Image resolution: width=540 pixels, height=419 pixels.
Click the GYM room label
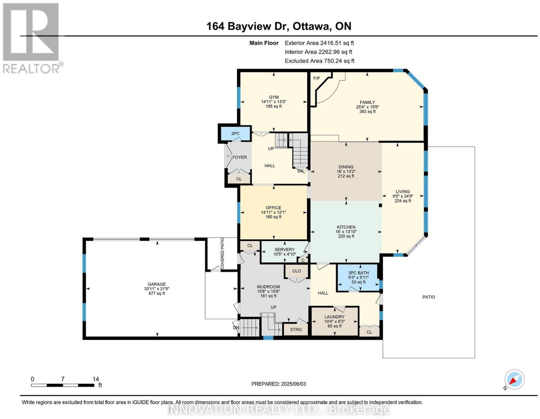pyautogui.click(x=274, y=97)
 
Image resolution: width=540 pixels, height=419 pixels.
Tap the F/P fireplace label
pyautogui.click(x=317, y=79)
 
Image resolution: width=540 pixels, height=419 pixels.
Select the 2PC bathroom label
pyautogui.click(x=235, y=133)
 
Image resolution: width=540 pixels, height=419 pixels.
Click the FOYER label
pyautogui.click(x=240, y=157)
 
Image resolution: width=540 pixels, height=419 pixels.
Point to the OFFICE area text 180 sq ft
pyautogui.click(x=273, y=217)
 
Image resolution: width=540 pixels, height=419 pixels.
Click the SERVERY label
pyautogui.click(x=285, y=249)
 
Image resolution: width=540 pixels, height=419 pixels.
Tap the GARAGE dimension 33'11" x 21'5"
pyautogui.click(x=157, y=289)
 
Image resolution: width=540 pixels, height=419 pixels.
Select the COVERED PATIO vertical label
pyautogui.click(x=222, y=253)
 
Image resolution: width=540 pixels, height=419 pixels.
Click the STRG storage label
pyautogui.click(x=296, y=329)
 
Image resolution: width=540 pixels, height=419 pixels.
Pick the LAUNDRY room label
pyautogui.click(x=334, y=317)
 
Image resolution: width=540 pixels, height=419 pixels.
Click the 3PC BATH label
pyautogui.click(x=358, y=273)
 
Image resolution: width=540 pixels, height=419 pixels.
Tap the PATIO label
pyautogui.click(x=429, y=297)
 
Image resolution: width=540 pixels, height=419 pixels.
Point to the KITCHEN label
pyautogui.click(x=346, y=227)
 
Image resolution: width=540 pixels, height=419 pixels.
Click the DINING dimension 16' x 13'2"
pyautogui.click(x=346, y=172)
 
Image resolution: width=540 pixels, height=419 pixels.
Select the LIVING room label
pyautogui.click(x=403, y=191)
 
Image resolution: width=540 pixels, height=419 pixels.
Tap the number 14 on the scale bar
pyautogui.click(x=96, y=379)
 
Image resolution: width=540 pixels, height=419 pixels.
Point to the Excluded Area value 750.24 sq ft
pyautogui.click(x=339, y=61)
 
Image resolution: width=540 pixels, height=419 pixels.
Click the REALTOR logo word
pyautogui.click(x=31, y=69)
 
